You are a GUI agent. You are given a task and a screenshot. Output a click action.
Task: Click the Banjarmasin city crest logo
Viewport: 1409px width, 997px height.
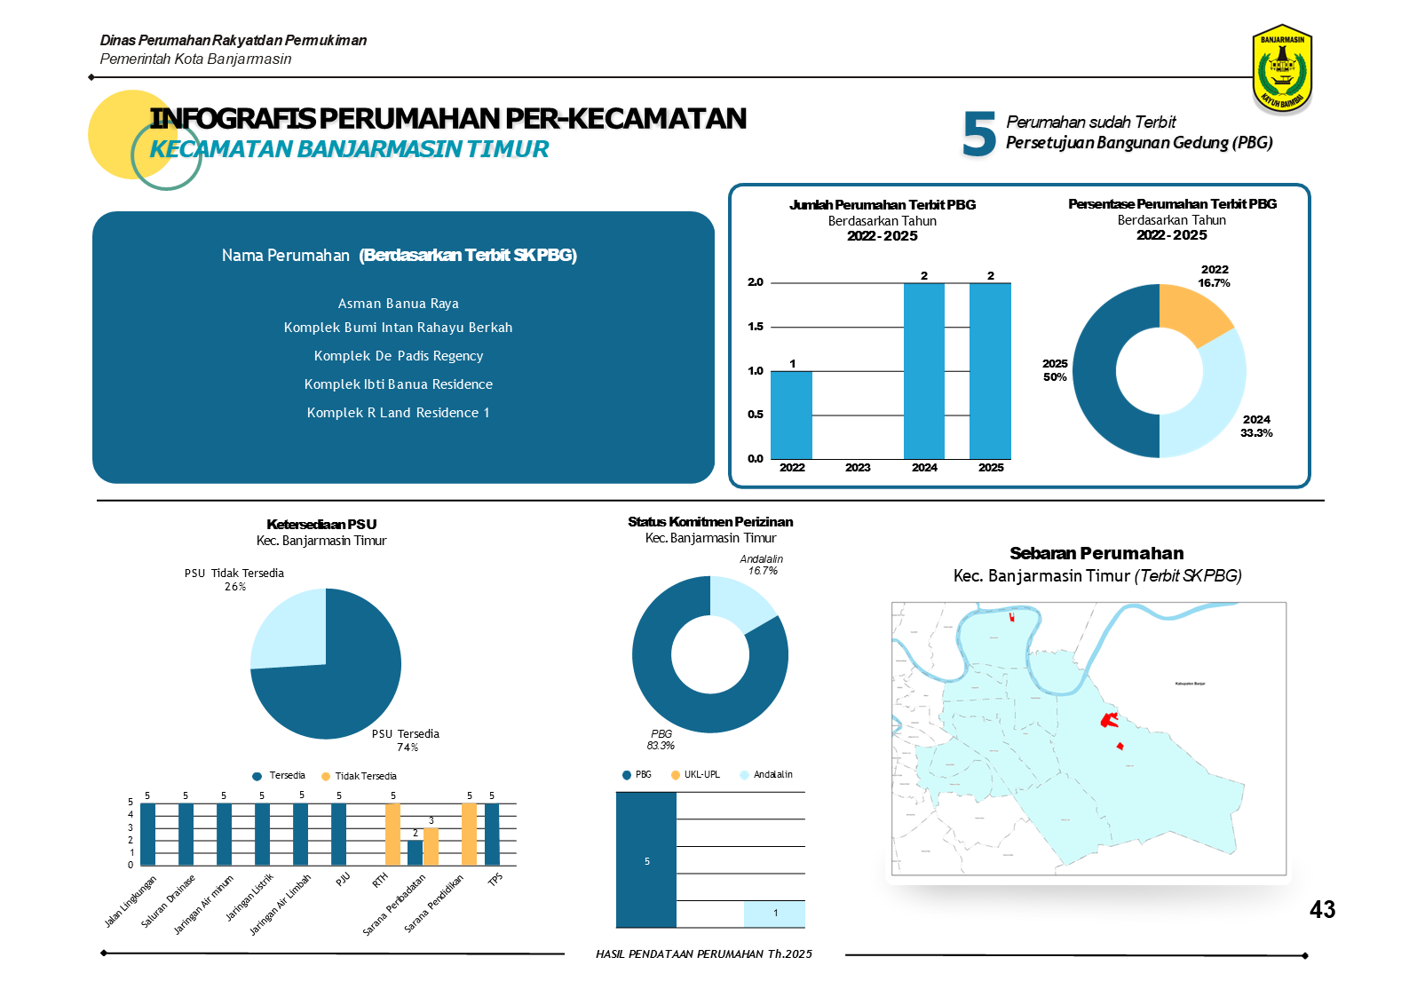point(1282,68)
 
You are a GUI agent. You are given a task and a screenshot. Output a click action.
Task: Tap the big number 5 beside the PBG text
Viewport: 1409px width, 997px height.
point(979,134)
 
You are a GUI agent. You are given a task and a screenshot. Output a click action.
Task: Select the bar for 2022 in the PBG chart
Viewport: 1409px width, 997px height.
point(791,415)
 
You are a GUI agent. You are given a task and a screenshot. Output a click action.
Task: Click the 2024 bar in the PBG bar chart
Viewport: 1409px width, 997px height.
point(923,370)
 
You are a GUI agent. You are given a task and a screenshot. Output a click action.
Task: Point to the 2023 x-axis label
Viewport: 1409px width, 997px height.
point(858,468)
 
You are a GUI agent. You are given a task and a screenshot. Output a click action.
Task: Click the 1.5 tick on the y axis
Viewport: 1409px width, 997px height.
point(756,327)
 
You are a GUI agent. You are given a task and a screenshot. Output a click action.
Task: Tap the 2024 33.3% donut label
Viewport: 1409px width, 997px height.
point(1256,426)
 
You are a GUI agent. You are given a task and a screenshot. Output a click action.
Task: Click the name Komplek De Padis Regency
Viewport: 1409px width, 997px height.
point(399,356)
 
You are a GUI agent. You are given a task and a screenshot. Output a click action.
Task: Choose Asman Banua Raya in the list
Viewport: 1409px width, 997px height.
point(399,304)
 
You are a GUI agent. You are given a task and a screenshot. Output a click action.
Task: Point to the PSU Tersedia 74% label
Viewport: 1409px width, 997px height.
point(406,740)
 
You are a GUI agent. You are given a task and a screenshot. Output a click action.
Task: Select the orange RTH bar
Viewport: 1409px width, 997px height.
point(392,834)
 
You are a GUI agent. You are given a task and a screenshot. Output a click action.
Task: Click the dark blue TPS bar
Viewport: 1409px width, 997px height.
point(492,834)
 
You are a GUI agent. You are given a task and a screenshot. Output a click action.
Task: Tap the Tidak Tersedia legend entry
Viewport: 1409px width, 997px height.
point(359,776)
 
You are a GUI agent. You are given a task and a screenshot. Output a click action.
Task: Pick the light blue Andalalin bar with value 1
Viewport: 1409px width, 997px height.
point(774,914)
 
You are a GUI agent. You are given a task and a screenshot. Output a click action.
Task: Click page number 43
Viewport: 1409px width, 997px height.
point(1322,910)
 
